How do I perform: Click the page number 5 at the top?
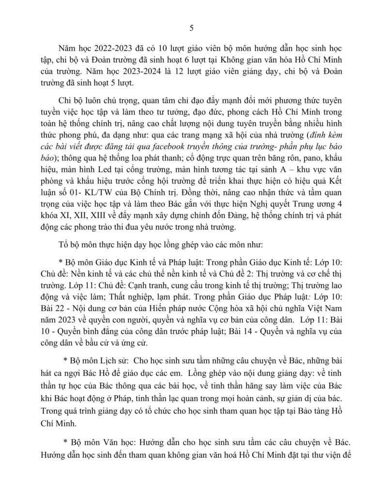[x=191, y=28]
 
